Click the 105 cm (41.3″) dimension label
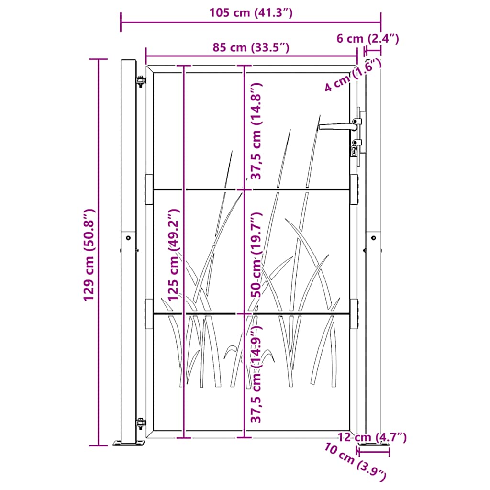pos(250,13)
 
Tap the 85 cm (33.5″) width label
pos(251,47)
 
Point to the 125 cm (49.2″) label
pos(174,256)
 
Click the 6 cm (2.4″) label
pos(367,39)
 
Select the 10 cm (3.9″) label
pos(355,462)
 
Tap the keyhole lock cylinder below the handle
pos(355,152)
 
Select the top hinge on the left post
pos(140,82)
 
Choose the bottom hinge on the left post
pos(140,424)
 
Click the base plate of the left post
pos(129,444)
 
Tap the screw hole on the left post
pos(128,237)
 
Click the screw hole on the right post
pos(374,237)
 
